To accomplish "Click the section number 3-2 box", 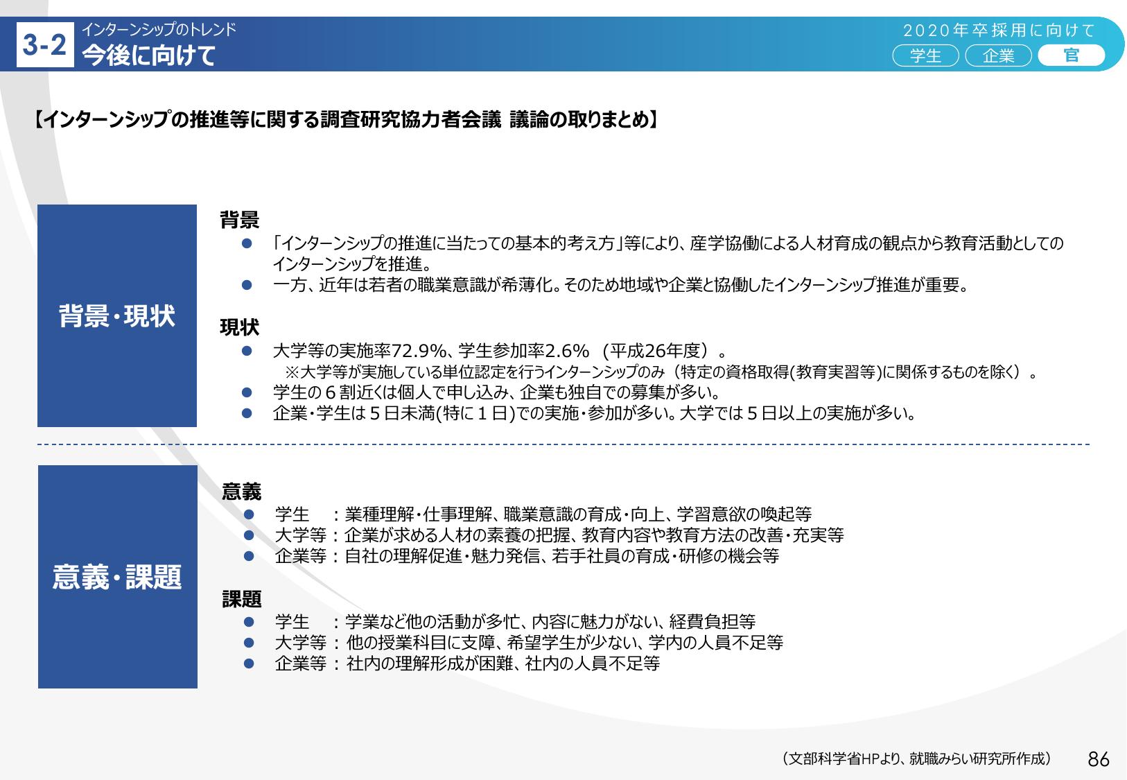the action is [45, 45].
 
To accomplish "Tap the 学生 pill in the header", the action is [925, 55].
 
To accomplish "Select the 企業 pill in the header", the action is [998, 55].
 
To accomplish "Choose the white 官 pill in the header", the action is [1071, 55].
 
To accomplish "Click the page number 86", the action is [1099, 759].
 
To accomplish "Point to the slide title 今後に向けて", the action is [149, 55].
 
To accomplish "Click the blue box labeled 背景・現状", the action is [116, 315].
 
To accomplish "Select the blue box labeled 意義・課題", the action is [118, 577].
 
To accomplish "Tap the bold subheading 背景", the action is [240, 220].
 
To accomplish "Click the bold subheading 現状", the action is [240, 327].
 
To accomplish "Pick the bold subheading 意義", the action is [241, 492].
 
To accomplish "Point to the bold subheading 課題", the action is [241, 599].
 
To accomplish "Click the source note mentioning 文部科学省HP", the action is [917, 759].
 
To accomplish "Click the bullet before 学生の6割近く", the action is [247, 392].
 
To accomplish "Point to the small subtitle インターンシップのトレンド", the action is [159, 30].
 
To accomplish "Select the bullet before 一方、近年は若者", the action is [247, 285].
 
